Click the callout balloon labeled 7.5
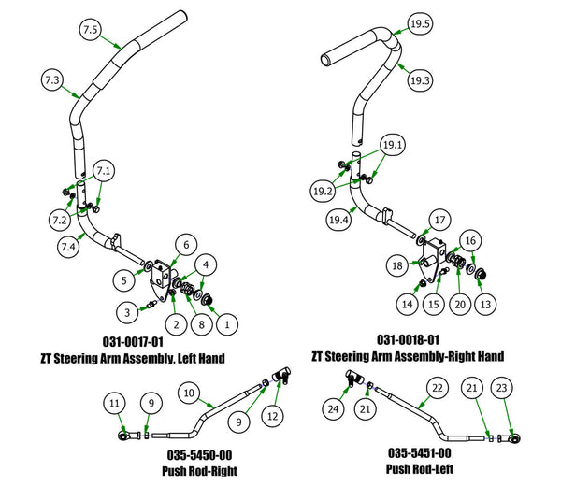click(91, 31)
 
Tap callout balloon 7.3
click(52, 82)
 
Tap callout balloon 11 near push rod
click(114, 403)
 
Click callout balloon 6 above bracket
click(186, 244)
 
